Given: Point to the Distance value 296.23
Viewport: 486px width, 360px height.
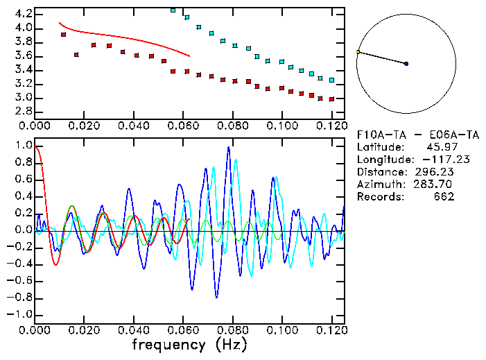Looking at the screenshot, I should (435, 172).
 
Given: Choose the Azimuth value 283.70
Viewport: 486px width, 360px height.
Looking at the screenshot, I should (435, 185).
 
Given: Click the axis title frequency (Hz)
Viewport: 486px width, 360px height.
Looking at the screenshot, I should (189, 344).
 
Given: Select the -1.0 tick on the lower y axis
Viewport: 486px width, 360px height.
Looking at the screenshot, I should (19, 314).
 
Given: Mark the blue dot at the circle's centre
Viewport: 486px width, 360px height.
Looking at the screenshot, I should (406, 64).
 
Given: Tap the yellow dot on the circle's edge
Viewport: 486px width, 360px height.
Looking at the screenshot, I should (358, 52).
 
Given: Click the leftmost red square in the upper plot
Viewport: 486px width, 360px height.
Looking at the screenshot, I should (63, 34).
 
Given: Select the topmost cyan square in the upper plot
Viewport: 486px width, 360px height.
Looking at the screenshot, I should (173, 10).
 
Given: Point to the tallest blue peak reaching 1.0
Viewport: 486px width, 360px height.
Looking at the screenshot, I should (229, 147).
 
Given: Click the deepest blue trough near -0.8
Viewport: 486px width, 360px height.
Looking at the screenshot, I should (216, 297).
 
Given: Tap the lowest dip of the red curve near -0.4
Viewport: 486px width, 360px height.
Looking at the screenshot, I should (55, 264).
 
